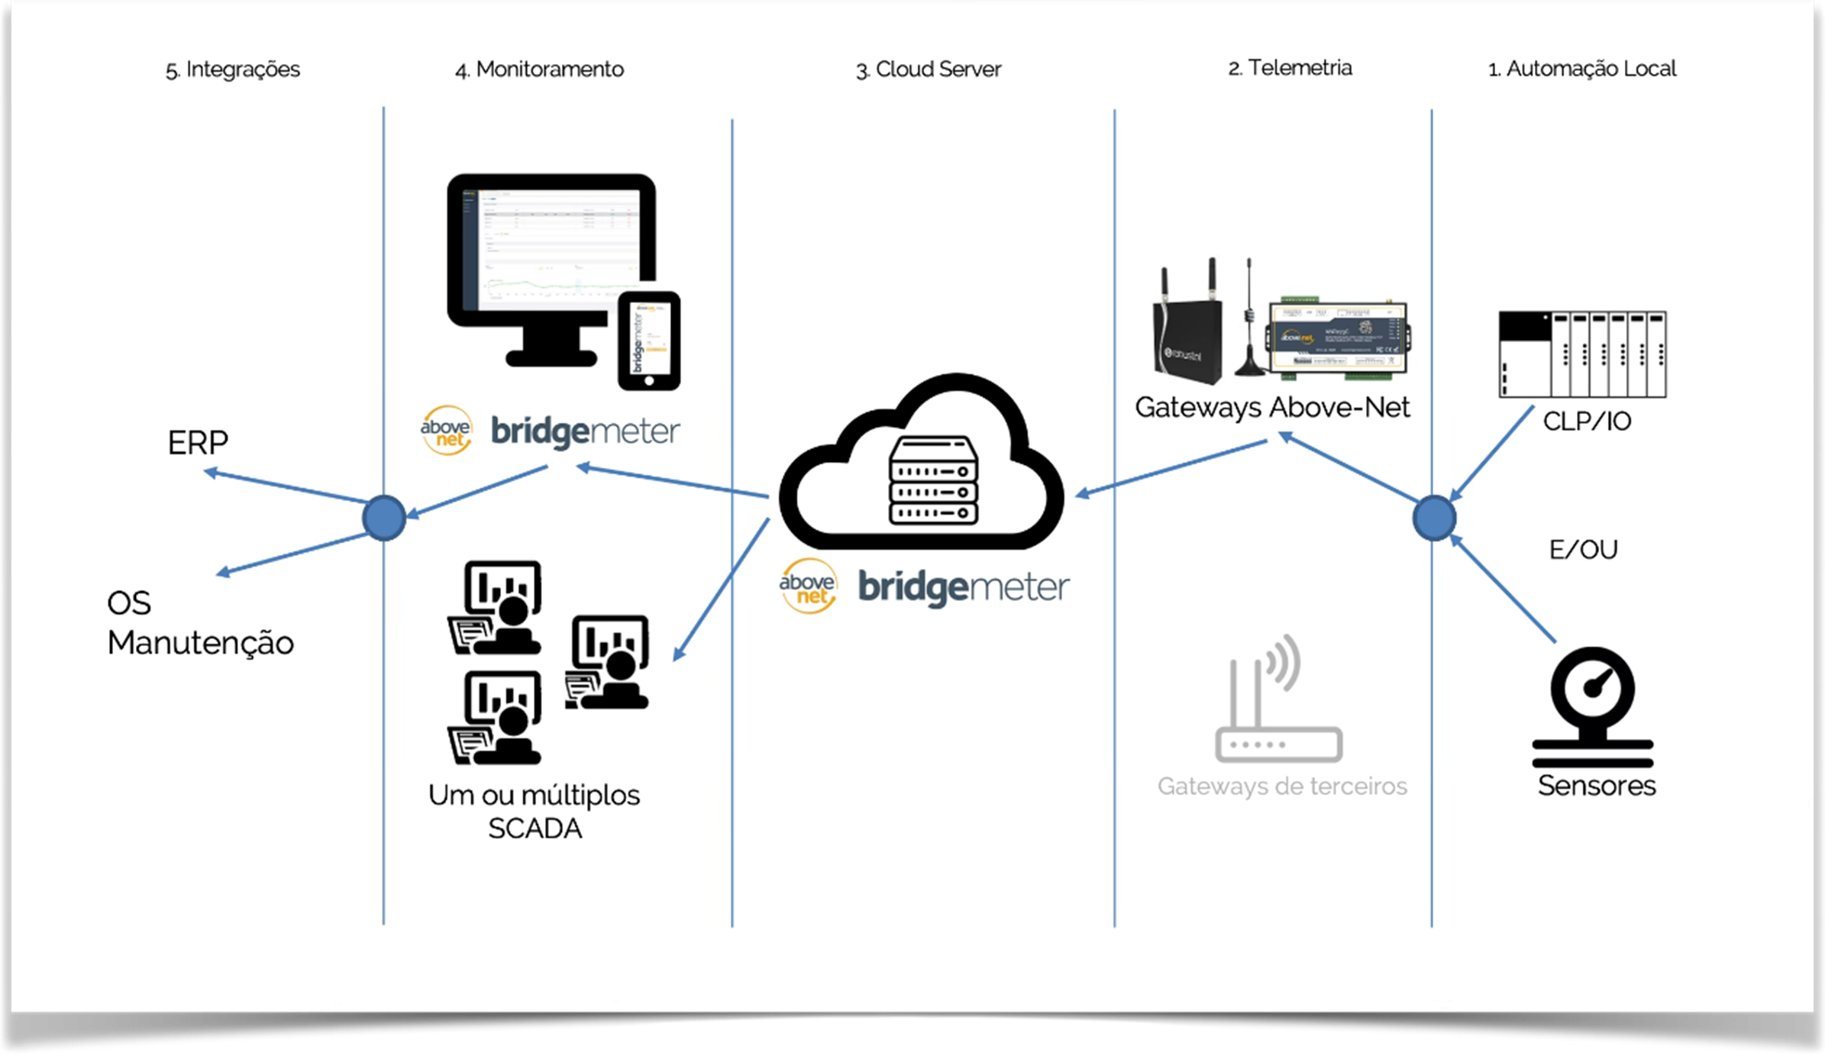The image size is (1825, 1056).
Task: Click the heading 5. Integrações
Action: pyautogui.click(x=232, y=69)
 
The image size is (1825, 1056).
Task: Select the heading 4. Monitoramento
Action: pyautogui.click(x=539, y=69)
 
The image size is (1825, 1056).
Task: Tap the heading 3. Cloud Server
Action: pyautogui.click(x=928, y=69)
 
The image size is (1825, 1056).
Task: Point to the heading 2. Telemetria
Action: pyautogui.click(x=1290, y=68)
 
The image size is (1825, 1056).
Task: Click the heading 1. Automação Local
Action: pyautogui.click(x=1582, y=69)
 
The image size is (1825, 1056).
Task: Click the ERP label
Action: pyautogui.click(x=198, y=443)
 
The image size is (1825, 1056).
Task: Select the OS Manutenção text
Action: pyautogui.click(x=199, y=623)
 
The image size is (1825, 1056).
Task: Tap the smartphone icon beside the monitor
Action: pyautogui.click(x=649, y=341)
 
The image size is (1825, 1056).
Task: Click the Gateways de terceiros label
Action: pyautogui.click(x=1281, y=786)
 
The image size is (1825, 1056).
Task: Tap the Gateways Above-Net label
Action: pyautogui.click(x=1271, y=407)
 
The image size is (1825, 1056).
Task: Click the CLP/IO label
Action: pyautogui.click(x=1587, y=421)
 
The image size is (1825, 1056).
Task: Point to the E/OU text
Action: pyautogui.click(x=1583, y=549)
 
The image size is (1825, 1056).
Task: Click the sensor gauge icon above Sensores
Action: pyautogui.click(x=1593, y=706)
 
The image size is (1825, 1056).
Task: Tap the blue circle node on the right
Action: pyautogui.click(x=1433, y=518)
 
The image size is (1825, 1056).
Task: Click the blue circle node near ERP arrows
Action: pyautogui.click(x=384, y=518)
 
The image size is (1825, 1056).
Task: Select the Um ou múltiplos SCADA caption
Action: pyautogui.click(x=534, y=811)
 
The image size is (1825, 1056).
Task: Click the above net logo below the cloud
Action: pyautogui.click(x=808, y=586)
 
